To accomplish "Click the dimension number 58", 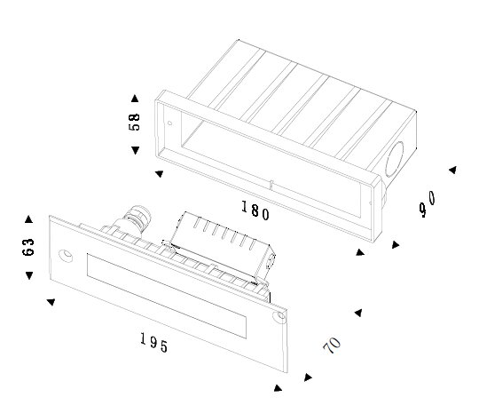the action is [x=134, y=122].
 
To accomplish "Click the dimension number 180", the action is [x=255, y=210].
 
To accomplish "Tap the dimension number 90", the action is [x=428, y=203].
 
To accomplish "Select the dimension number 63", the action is [x=28, y=247].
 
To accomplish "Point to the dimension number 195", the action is [x=154, y=343].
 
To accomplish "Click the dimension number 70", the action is [x=332, y=345].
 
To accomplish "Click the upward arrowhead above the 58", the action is [x=135, y=99].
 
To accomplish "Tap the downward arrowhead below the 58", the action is [x=136, y=150].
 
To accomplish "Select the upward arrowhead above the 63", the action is [x=28, y=219].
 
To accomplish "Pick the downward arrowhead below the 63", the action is [x=29, y=275].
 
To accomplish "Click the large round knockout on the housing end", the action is [x=394, y=159].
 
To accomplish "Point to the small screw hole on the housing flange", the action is [x=169, y=123].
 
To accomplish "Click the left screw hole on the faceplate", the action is [x=66, y=256].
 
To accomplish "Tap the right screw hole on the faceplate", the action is [x=280, y=317].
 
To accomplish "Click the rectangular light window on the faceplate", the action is [x=167, y=296].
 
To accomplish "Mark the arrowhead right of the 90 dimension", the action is [x=452, y=170].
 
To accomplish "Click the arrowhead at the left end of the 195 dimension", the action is [x=51, y=302].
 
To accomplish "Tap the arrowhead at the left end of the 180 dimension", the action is [x=159, y=174].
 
